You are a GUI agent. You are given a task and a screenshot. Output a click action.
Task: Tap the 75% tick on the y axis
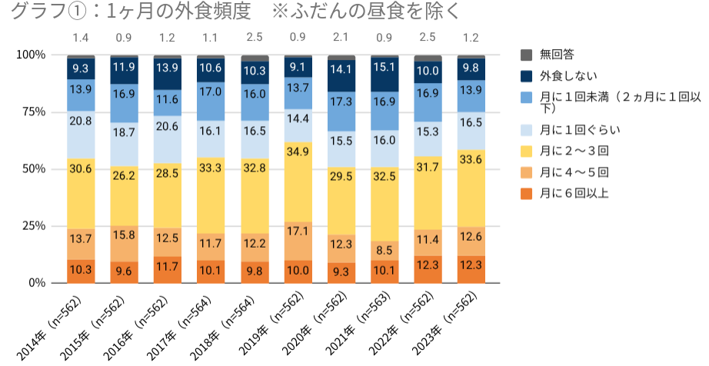[x=32, y=111]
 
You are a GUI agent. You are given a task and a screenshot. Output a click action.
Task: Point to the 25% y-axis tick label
[x=32, y=226]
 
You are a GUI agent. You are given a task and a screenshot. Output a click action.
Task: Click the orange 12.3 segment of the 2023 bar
[x=471, y=269]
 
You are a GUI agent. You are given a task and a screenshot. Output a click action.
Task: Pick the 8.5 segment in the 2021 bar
[x=385, y=250]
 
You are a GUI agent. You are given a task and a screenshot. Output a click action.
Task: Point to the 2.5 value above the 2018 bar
[x=255, y=37]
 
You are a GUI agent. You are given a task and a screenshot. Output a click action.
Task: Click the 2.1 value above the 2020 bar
[x=341, y=37]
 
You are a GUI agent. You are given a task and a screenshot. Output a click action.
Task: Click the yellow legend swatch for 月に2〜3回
[x=527, y=150]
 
